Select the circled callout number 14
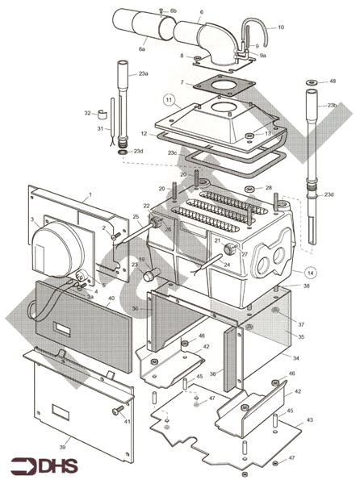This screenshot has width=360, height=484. point(311,272)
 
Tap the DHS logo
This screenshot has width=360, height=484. point(38,465)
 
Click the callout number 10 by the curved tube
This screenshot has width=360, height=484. point(281,27)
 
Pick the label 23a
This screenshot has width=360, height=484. point(143,73)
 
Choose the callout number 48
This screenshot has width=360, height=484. point(333,81)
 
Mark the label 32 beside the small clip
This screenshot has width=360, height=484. point(88,114)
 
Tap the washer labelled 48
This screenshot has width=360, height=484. point(311,82)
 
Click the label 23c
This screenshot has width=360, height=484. point(172,152)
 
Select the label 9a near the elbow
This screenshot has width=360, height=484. point(263,56)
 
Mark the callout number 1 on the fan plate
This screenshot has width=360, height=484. point(90,194)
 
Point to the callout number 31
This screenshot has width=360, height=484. point(100,129)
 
